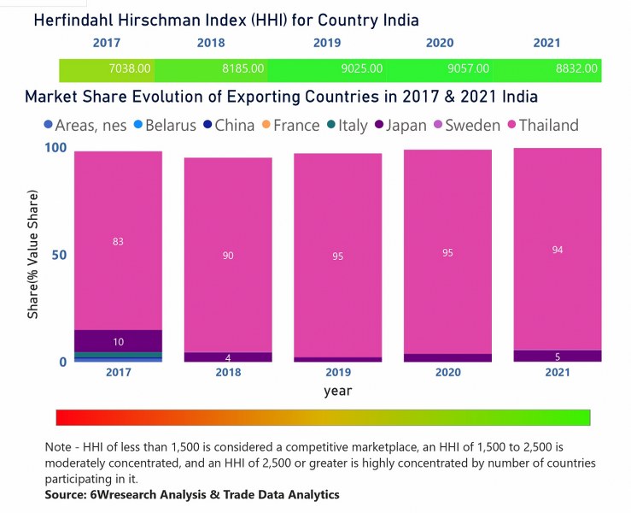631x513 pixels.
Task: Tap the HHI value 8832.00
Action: point(577,68)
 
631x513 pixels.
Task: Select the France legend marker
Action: point(265,126)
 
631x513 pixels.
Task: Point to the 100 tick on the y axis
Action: point(55,149)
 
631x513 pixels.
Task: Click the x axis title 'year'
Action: point(337,391)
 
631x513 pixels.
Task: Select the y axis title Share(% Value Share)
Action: point(33,255)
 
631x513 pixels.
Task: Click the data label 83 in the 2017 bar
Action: point(118,242)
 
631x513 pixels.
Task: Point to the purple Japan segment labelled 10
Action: point(118,341)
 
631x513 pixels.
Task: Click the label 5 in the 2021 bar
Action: point(557,357)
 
